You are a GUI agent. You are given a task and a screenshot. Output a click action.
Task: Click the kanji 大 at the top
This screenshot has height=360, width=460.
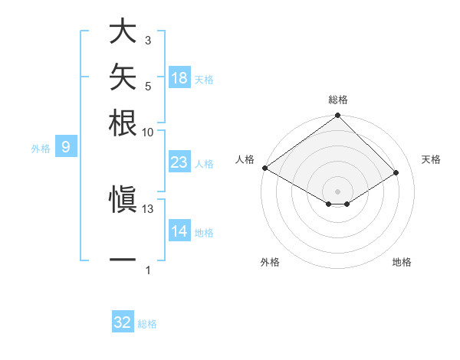click(123, 31)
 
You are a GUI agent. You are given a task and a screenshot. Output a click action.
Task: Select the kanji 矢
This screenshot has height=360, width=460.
click(123, 77)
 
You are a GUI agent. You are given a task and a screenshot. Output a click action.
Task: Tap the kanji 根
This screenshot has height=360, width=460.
click(123, 123)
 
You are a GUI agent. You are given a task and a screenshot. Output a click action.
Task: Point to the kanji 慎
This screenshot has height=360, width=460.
click(123, 199)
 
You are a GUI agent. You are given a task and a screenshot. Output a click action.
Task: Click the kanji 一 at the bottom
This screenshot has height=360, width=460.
click(123, 260)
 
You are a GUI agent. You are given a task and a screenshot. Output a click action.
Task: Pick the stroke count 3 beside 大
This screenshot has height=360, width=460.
click(148, 41)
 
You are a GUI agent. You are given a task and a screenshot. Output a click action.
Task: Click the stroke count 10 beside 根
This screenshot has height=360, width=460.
click(147, 133)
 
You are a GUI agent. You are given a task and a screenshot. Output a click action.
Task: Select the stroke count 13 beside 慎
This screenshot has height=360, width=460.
click(147, 209)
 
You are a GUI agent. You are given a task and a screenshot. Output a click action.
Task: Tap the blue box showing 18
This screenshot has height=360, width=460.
click(180, 77)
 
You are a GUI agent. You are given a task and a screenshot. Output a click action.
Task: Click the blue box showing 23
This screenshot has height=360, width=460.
click(180, 162)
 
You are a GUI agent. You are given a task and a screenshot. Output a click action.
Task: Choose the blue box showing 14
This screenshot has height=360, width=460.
click(180, 230)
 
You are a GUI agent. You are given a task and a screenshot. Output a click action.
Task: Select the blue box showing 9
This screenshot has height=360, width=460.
click(66, 146)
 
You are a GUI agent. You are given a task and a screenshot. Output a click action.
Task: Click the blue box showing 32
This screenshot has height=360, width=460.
click(123, 321)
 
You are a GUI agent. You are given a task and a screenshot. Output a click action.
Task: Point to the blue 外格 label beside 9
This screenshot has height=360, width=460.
click(41, 149)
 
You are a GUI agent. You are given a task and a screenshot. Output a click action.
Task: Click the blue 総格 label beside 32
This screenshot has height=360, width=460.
click(147, 324)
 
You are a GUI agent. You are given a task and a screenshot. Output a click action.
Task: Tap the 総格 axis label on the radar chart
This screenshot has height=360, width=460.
click(338, 100)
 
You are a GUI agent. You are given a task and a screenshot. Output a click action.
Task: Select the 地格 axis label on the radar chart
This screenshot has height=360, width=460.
click(402, 262)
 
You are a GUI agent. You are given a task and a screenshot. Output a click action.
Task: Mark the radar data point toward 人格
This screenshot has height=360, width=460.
click(265, 168)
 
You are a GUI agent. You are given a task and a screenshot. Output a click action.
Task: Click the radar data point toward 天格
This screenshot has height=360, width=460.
click(396, 172)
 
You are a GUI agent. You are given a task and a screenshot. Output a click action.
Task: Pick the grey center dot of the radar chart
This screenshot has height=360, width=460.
click(337, 191)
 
